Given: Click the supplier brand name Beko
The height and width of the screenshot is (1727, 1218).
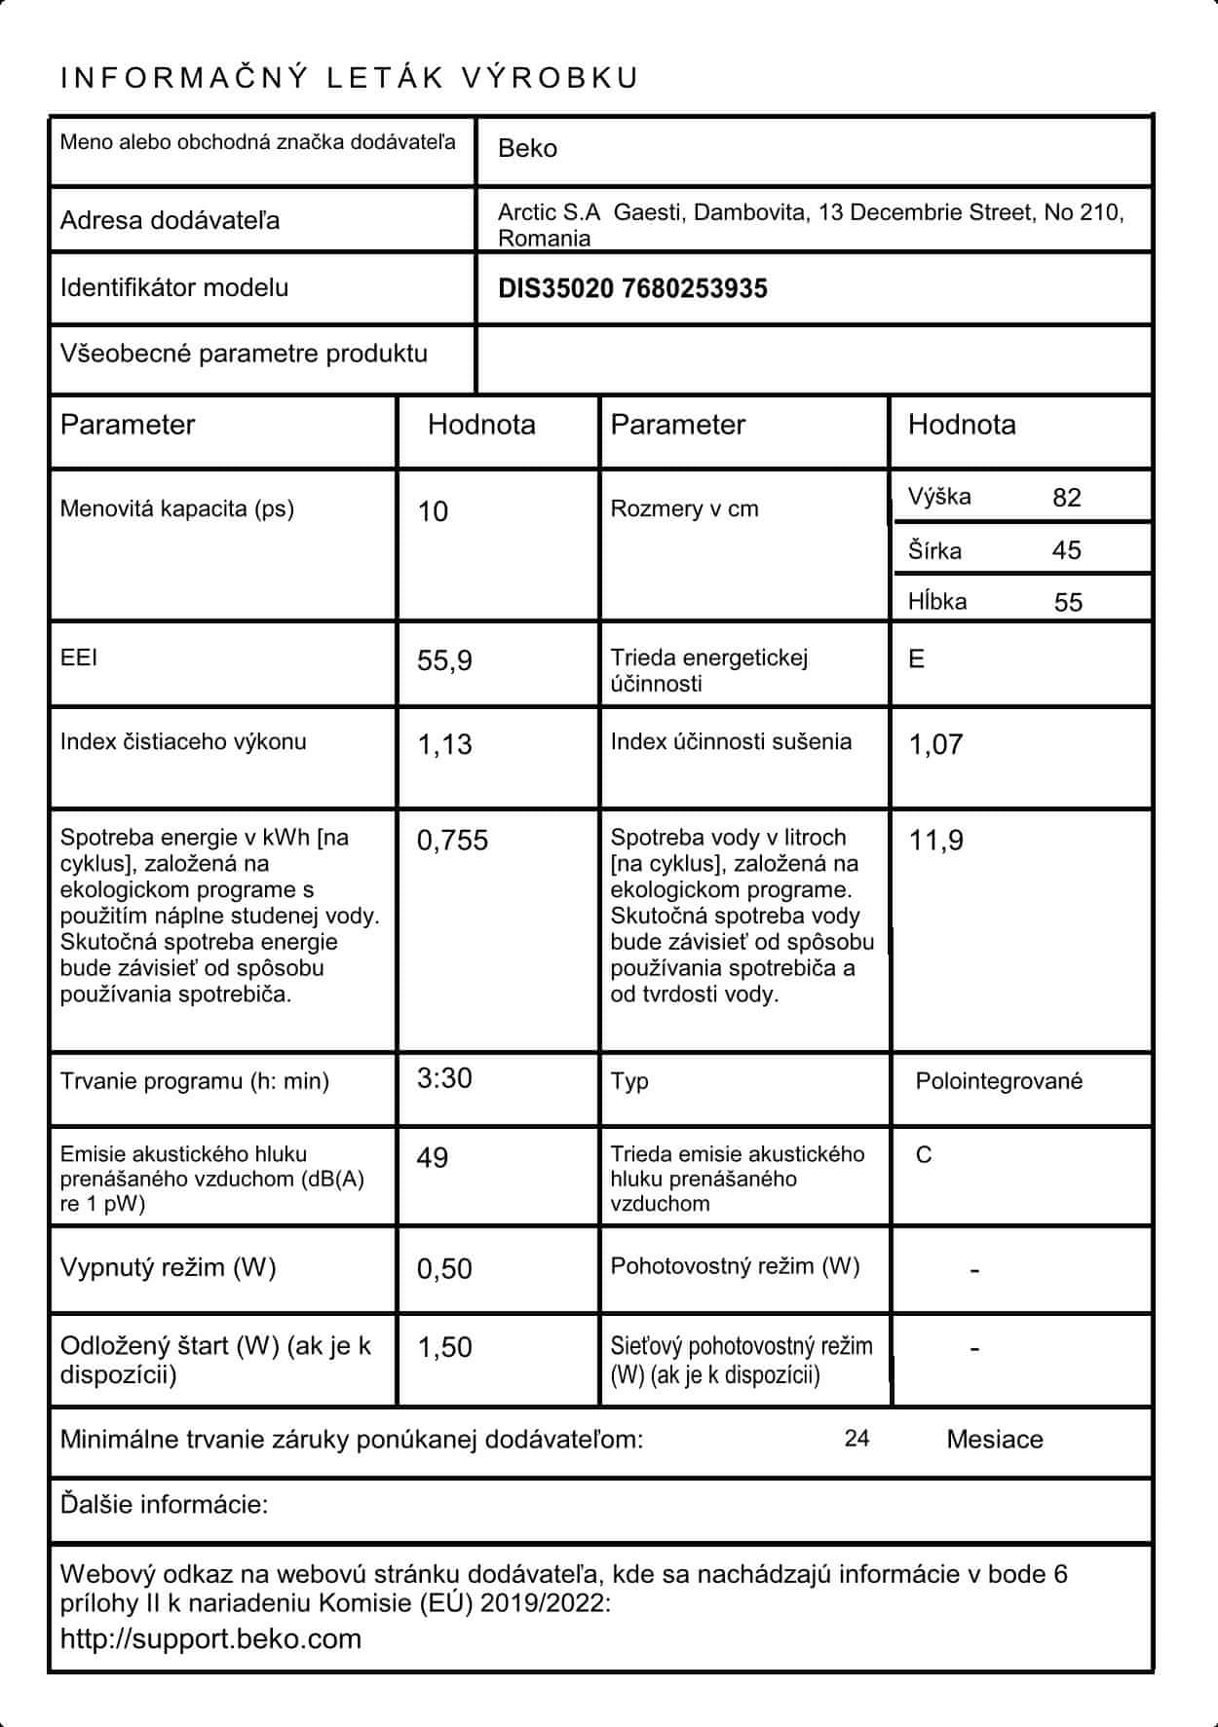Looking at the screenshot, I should click(x=527, y=149).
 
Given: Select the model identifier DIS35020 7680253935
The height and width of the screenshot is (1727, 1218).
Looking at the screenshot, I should click(x=632, y=288).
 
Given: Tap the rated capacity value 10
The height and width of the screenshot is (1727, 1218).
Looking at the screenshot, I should click(x=433, y=512).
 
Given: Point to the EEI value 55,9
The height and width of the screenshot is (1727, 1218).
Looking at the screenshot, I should click(x=444, y=661).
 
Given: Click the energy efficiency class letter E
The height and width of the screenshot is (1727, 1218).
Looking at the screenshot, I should click(x=916, y=659).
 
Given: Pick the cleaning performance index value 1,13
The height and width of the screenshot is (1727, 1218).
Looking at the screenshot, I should click(x=444, y=744).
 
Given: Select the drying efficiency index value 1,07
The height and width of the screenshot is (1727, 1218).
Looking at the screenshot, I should click(x=935, y=744).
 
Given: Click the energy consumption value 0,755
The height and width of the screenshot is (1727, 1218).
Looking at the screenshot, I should click(x=452, y=841).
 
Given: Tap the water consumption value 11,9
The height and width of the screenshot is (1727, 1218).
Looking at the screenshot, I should click(x=935, y=841).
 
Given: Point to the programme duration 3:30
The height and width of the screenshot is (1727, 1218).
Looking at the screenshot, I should click(x=444, y=1078).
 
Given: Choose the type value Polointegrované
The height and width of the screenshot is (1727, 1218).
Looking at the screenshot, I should click(x=999, y=1081).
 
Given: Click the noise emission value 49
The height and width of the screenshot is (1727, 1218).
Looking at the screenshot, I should click(x=433, y=1158).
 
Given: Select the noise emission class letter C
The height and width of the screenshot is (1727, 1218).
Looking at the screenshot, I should click(x=924, y=1155).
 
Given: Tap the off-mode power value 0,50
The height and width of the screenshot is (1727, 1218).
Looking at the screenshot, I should click(x=444, y=1269).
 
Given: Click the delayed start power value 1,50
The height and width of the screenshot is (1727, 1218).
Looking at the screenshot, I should click(x=444, y=1348).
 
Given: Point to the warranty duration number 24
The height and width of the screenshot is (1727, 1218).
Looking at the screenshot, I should click(x=856, y=1439).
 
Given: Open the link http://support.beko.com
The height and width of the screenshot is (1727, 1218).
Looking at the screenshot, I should click(x=210, y=1638).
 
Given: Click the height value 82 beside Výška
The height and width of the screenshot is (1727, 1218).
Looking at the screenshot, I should click(x=1067, y=498).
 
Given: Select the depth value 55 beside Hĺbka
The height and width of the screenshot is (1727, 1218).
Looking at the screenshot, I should click(x=1068, y=602).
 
